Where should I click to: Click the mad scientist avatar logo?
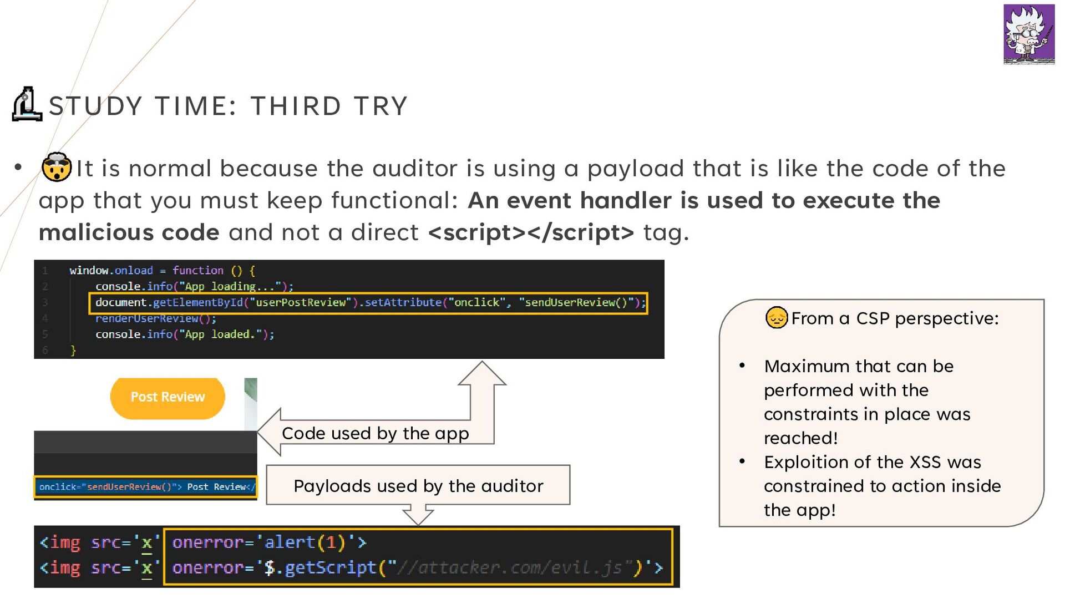(x=1029, y=34)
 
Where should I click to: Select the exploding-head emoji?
(x=57, y=167)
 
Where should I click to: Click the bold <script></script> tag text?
(x=531, y=232)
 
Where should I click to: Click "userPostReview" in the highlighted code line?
(x=301, y=302)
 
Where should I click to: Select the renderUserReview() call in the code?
(x=155, y=318)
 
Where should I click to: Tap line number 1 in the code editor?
(x=45, y=271)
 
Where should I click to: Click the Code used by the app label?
(x=376, y=433)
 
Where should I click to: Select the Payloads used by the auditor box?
(x=418, y=485)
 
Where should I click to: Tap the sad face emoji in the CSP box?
(x=777, y=318)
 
